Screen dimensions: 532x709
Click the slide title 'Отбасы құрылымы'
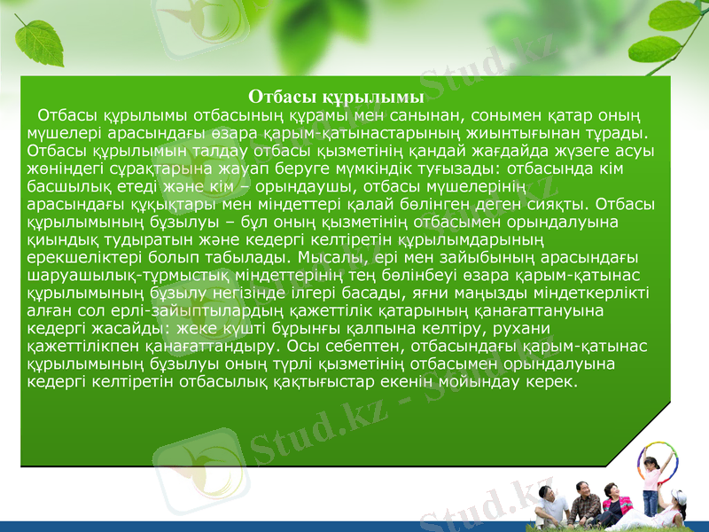click(336, 96)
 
